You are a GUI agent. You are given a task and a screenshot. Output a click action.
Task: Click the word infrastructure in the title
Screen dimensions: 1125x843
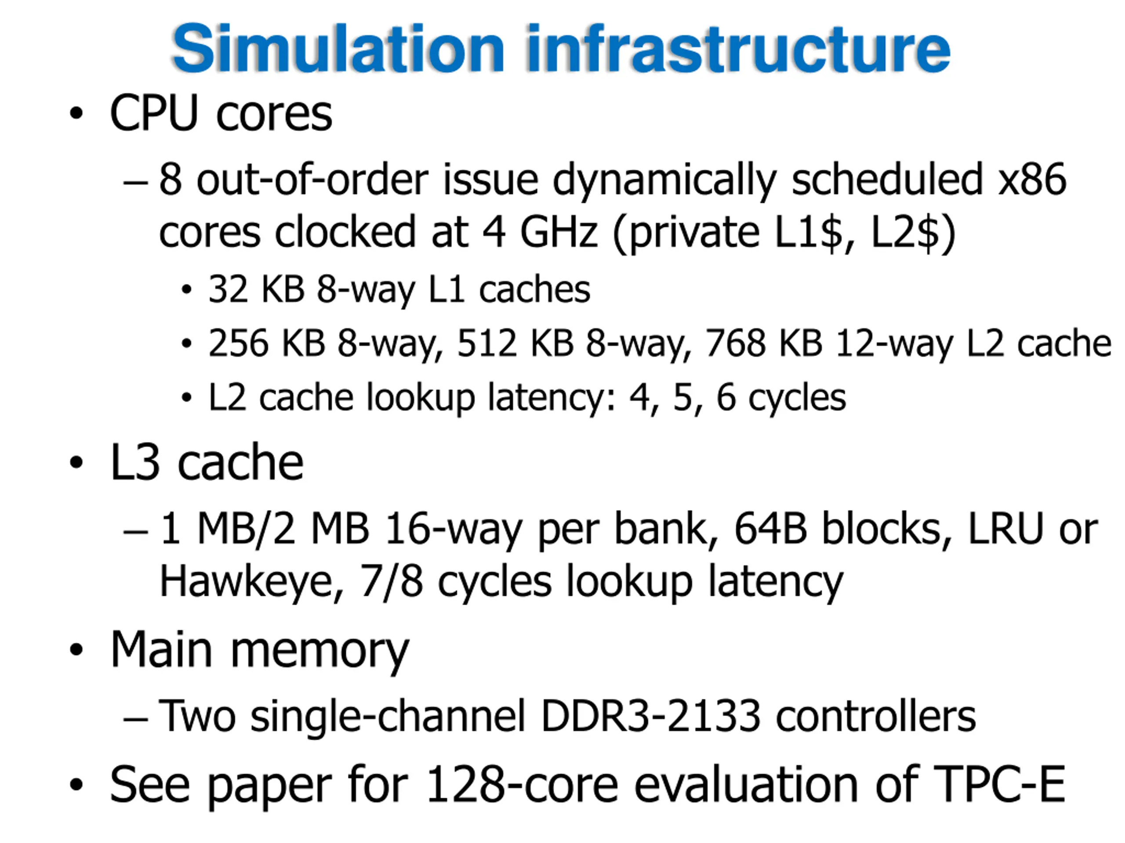[738, 50]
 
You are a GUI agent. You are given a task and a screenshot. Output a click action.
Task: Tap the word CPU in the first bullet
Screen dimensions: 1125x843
[154, 114]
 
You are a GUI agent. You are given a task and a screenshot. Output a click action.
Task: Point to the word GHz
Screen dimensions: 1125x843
[559, 233]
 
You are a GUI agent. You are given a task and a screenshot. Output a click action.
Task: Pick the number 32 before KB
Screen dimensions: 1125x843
[228, 290]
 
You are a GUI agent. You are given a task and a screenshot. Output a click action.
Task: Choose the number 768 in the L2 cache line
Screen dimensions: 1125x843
[735, 343]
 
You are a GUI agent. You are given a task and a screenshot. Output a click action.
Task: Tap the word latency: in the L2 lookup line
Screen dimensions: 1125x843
[552, 397]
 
